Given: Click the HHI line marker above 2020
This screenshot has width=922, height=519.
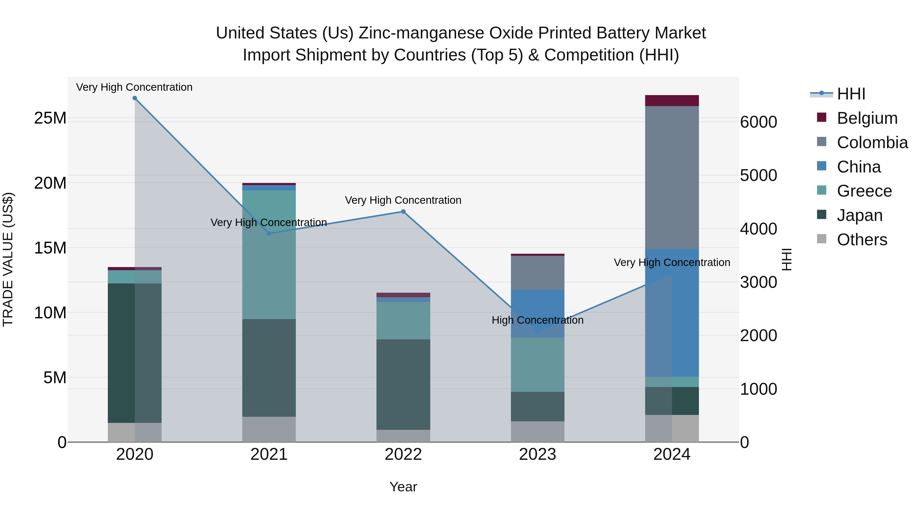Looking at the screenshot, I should pos(134,98).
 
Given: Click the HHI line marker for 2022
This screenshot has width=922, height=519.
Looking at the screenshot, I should pos(403,212).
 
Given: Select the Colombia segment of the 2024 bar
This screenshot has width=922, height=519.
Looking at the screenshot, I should pos(672,177).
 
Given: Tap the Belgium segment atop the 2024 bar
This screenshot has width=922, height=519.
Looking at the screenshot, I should pos(672,101).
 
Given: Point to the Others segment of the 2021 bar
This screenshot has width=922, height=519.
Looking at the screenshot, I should pos(269,429).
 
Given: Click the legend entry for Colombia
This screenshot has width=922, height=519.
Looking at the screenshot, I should pos(872,143).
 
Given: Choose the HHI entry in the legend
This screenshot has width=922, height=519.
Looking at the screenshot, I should pos(851,94).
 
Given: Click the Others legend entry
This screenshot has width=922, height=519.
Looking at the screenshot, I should pos(862,240).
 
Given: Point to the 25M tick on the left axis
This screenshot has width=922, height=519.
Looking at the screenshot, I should pos(50,118).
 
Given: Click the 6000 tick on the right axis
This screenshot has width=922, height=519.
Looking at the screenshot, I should pos(758,122).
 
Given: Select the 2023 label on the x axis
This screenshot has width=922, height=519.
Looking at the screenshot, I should pos(537,454).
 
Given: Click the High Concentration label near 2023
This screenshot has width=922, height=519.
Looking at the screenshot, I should pos(537,320).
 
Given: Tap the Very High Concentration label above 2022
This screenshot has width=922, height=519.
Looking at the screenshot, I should pos(403,200).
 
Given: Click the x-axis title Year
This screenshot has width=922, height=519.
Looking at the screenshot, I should pos(403,487).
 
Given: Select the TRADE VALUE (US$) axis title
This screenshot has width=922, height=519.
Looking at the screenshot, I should pos(8,259).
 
